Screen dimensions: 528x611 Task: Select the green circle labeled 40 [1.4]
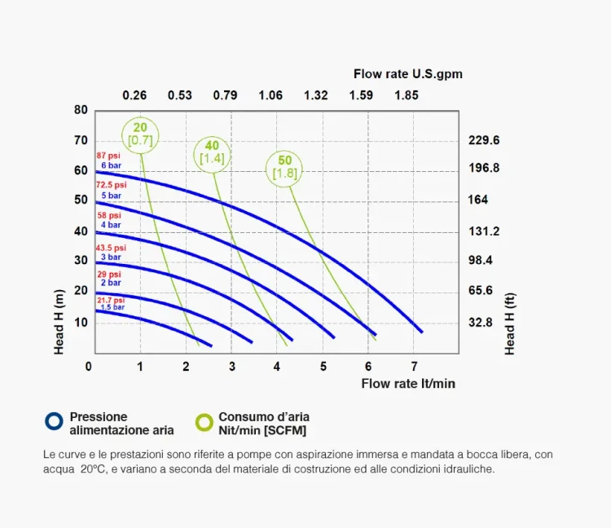212,152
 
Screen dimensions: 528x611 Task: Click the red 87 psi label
108,156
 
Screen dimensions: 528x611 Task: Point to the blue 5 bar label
111,196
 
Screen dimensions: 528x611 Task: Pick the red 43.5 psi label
112,248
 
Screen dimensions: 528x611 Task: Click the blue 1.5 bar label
112,307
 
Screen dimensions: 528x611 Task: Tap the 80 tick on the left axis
80,110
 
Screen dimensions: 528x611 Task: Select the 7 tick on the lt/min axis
415,367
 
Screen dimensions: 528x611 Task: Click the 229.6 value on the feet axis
484,140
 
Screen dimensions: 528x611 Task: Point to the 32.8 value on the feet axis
481,323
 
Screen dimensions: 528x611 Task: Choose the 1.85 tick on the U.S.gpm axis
406,95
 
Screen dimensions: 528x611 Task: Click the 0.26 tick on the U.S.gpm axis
134,95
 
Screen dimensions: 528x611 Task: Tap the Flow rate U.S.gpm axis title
407,74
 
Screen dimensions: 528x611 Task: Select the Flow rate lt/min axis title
408,383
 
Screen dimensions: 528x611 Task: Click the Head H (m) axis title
59,321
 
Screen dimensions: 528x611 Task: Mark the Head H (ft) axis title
510,324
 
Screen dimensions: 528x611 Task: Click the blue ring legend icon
54,421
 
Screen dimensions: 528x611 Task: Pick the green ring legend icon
204,421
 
